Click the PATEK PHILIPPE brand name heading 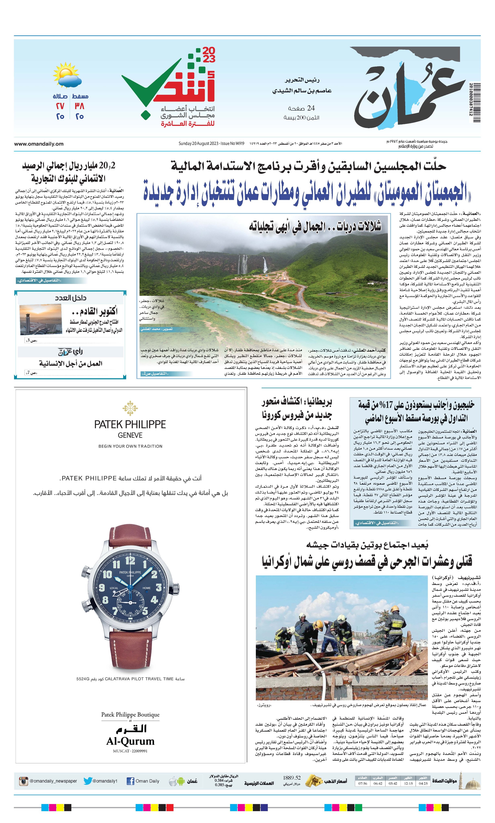pos(130,425)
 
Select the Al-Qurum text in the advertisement pos(130,741)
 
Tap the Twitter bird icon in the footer pos(87,781)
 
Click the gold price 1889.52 pos(292,778)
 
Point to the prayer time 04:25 pos(423,783)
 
